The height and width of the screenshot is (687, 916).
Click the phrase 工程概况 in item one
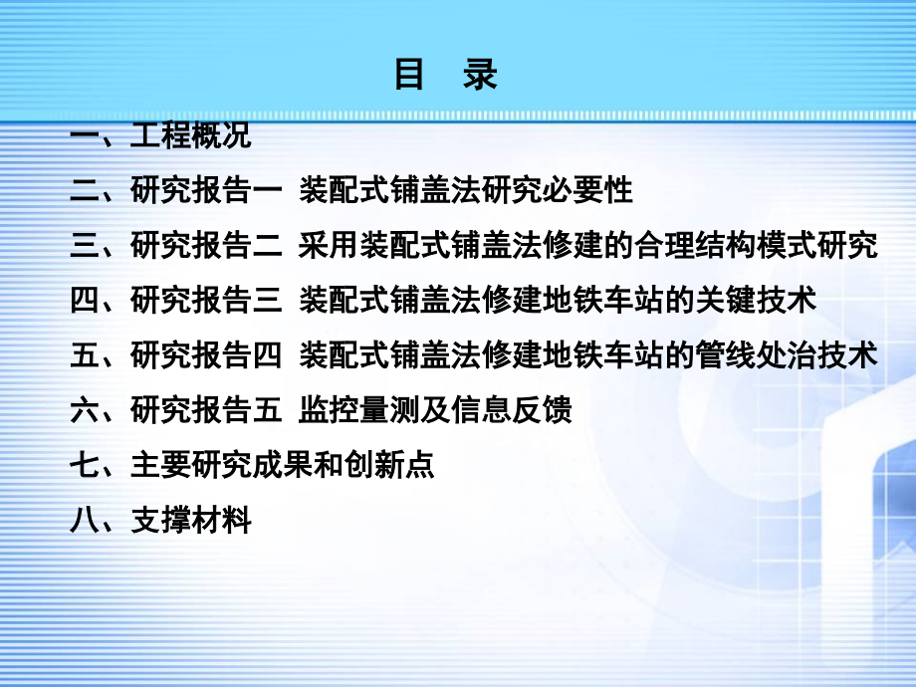(190, 135)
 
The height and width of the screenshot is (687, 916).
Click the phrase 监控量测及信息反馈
(435, 409)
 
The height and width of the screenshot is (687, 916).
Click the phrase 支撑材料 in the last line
(190, 519)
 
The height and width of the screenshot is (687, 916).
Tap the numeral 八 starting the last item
(85, 519)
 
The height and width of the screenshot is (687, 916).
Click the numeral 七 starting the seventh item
(85, 464)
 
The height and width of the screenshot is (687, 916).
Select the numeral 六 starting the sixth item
(85, 409)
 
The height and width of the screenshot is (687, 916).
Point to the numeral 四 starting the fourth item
(85, 300)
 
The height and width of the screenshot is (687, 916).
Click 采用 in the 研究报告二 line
(323, 245)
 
